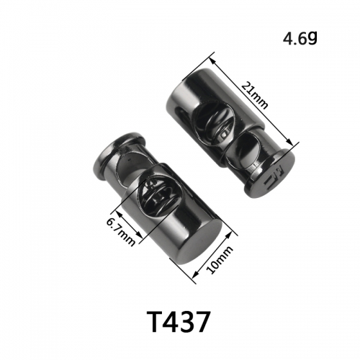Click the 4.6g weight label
300,38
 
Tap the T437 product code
178,322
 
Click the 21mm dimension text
254,95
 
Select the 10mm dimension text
220,260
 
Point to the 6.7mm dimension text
121,232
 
